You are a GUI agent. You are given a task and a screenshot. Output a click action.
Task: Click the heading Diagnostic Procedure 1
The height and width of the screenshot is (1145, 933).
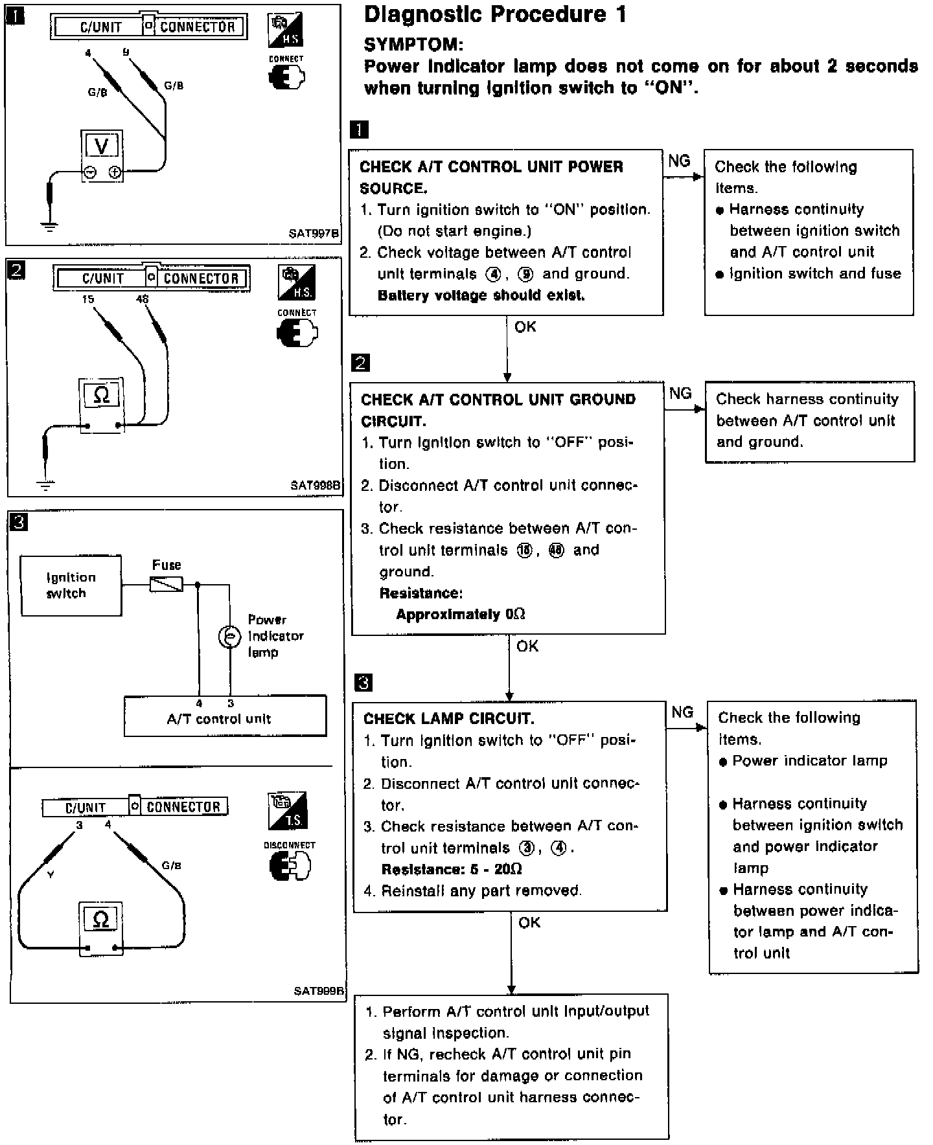pyautogui.click(x=496, y=14)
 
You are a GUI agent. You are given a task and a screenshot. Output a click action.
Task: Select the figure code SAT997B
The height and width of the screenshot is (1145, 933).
pyautogui.click(x=314, y=233)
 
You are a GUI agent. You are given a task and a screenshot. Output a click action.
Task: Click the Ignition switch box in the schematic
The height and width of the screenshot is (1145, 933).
pyautogui.click(x=71, y=585)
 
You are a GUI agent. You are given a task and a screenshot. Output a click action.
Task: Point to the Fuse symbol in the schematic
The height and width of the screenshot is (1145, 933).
pyautogui.click(x=167, y=585)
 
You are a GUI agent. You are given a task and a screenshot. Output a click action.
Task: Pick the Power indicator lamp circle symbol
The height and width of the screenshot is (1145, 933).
pyautogui.click(x=229, y=637)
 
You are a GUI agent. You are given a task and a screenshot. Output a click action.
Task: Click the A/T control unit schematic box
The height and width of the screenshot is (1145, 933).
pyautogui.click(x=225, y=716)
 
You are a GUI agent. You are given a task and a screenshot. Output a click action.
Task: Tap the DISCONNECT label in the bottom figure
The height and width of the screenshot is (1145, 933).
pyautogui.click(x=290, y=845)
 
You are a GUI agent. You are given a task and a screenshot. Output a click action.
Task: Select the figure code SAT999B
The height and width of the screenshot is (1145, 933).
pyautogui.click(x=319, y=991)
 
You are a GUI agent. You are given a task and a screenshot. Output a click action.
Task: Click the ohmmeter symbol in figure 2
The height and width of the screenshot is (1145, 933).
pyautogui.click(x=102, y=394)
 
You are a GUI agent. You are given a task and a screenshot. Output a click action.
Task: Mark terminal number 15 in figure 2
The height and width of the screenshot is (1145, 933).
pyautogui.click(x=88, y=299)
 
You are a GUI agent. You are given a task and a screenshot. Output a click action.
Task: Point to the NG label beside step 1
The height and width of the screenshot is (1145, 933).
pyautogui.click(x=679, y=161)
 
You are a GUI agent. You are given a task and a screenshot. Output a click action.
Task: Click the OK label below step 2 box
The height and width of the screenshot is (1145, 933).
pyautogui.click(x=527, y=646)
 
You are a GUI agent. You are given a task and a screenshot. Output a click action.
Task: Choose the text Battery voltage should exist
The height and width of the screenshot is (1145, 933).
pyautogui.click(x=481, y=295)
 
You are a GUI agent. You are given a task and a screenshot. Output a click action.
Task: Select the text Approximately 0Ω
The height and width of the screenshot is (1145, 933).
pyautogui.click(x=460, y=614)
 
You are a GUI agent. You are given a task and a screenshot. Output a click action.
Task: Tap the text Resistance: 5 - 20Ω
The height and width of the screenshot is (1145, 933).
pyautogui.click(x=452, y=869)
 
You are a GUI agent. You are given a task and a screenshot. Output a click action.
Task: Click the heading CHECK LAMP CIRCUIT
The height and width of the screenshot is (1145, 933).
pyautogui.click(x=448, y=719)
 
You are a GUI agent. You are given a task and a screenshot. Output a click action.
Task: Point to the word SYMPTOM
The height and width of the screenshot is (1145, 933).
pyautogui.click(x=413, y=44)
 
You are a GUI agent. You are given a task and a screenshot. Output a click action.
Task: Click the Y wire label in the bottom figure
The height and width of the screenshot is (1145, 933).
pyautogui.click(x=51, y=875)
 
